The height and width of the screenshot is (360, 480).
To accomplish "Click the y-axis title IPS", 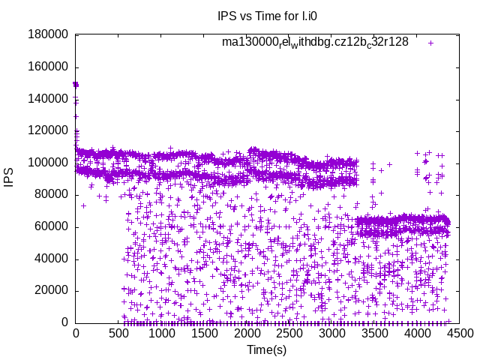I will click(9, 178).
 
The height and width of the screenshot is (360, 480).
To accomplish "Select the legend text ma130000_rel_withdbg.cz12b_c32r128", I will click(315, 43).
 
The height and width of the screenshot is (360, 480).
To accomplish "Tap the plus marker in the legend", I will click(430, 43).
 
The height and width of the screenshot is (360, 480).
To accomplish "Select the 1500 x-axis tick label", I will click(204, 335).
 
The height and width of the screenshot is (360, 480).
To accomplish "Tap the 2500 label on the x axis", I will click(289, 335).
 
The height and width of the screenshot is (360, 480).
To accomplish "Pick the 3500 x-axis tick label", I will click(375, 335).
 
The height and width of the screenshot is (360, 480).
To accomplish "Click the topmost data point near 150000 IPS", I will click(76, 84).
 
